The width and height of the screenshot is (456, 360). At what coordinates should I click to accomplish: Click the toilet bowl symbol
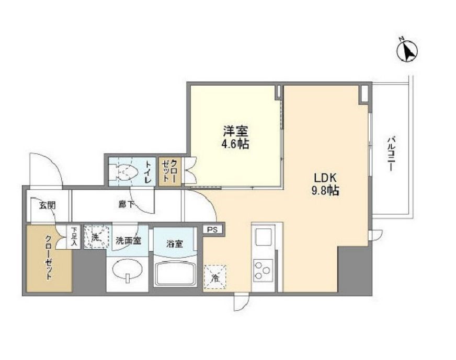(125, 171)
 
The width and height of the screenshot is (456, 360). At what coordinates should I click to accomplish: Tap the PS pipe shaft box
(212, 229)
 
